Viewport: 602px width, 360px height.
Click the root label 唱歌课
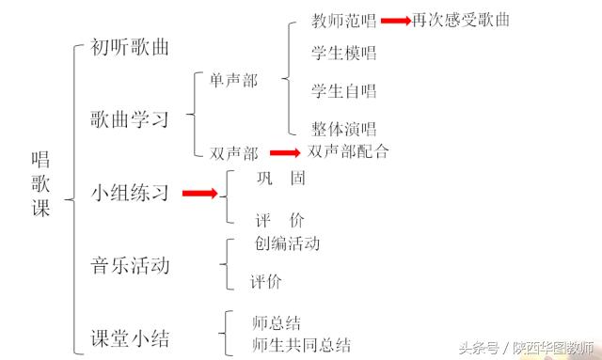(41, 183)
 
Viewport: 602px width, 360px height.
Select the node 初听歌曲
(130, 47)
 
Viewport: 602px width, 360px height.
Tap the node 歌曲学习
(130, 119)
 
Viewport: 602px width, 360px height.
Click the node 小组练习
(130, 193)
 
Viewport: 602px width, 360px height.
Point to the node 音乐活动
(130, 266)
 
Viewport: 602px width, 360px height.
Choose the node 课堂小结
(130, 338)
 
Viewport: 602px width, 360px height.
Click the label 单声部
(233, 82)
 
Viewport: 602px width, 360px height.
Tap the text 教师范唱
(344, 20)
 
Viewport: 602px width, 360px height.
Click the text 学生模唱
(344, 55)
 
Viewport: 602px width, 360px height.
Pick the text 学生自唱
(344, 91)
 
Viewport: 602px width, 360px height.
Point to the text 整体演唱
(344, 129)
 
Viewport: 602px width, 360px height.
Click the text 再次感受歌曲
(461, 20)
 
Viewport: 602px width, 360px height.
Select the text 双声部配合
(348, 151)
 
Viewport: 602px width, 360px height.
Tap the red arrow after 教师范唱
(395, 20)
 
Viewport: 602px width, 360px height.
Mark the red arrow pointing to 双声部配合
(284, 152)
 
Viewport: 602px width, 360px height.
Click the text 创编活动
(288, 244)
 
